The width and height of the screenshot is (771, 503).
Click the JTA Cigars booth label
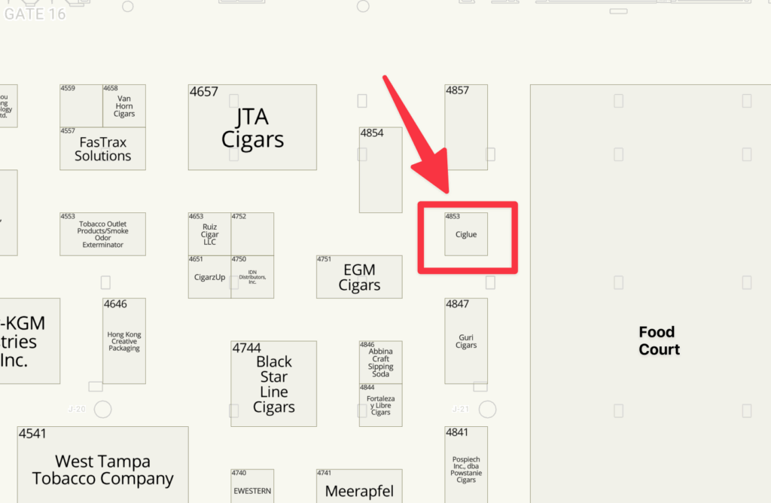(252, 128)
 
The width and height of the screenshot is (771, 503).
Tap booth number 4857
(457, 90)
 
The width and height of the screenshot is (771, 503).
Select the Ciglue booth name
(466, 234)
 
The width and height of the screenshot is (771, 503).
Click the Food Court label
(659, 340)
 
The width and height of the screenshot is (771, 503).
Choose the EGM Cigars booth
(359, 277)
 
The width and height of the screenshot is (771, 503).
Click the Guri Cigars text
(466, 341)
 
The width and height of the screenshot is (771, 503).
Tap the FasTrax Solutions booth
(102, 149)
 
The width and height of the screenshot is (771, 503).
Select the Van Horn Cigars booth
(124, 105)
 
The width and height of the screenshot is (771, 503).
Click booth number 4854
(372, 133)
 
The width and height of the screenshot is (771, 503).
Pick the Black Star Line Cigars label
(273, 384)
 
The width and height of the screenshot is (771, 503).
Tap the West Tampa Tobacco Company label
(102, 470)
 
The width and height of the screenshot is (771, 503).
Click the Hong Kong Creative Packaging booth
(124, 341)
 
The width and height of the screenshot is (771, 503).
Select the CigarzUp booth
(209, 277)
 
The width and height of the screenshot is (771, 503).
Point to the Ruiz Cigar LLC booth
(209, 234)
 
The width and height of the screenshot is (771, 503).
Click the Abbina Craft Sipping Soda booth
(380, 362)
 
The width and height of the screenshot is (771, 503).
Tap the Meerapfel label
(359, 492)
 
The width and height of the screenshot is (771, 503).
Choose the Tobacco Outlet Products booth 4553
(102, 234)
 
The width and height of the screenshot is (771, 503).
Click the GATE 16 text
(35, 13)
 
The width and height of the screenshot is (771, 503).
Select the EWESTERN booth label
(252, 491)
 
